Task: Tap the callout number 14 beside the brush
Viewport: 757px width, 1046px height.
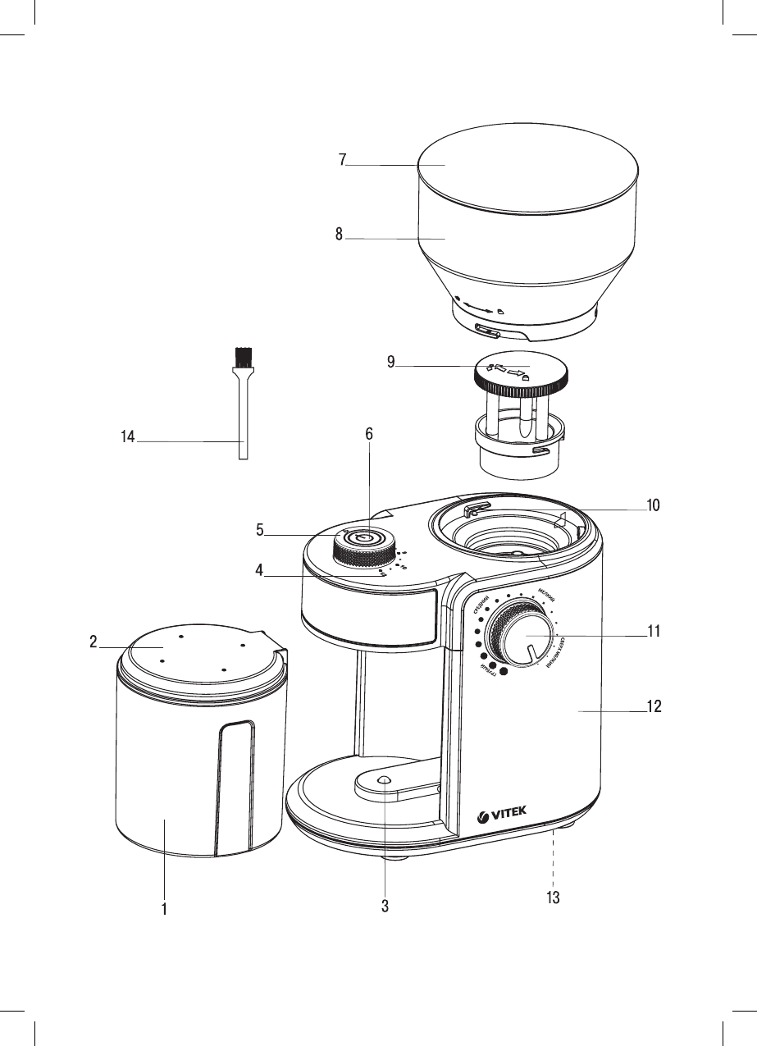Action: (x=127, y=439)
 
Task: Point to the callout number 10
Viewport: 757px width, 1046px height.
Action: (x=653, y=505)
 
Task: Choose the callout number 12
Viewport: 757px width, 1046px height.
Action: (x=654, y=707)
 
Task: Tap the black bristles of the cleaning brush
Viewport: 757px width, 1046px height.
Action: (x=242, y=357)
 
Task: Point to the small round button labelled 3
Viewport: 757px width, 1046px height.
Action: (x=383, y=780)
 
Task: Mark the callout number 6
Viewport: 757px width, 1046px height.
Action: (x=369, y=435)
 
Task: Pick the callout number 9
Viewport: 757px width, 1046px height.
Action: (x=392, y=361)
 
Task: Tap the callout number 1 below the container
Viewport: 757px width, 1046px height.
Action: (x=165, y=909)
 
